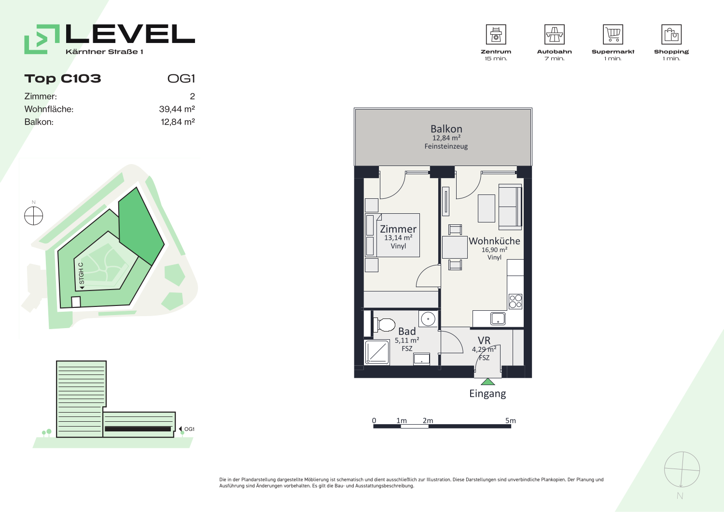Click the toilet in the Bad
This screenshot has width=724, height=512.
click(384, 325)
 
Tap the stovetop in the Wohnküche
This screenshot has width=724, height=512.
click(515, 302)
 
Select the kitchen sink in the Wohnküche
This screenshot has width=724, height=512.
click(498, 318)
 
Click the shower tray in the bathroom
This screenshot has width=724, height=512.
click(377, 352)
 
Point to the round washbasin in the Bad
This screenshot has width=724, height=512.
click(428, 319)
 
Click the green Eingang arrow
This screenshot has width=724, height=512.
click(487, 382)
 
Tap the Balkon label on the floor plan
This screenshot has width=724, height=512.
click(446, 129)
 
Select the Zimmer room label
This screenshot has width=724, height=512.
click(398, 229)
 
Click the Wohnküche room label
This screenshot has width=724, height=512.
click(494, 241)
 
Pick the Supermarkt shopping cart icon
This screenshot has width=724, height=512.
click(613, 34)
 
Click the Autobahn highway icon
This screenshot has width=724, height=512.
click(554, 34)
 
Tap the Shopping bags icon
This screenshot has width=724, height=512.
click(671, 34)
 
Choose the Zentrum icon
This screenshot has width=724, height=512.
click(496, 34)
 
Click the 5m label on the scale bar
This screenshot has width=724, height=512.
click(511, 420)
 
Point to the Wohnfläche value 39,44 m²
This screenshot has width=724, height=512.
click(177, 109)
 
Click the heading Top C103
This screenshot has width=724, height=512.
click(63, 79)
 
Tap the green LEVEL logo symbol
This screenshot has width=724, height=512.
click(42, 39)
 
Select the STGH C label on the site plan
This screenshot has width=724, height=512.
click(81, 273)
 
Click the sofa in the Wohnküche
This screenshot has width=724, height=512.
click(510, 207)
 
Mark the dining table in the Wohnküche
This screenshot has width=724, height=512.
click(455, 247)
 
